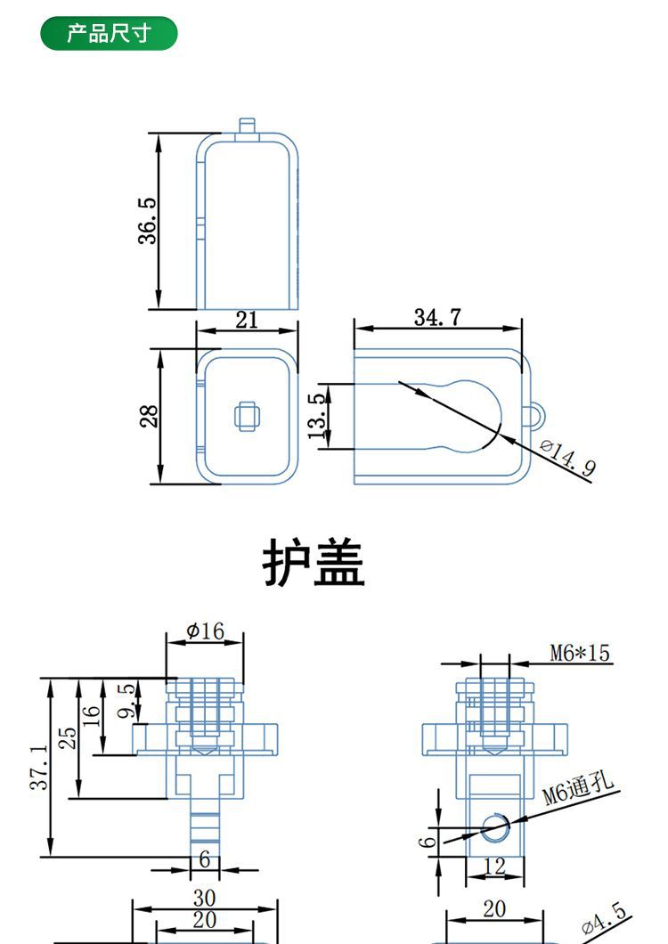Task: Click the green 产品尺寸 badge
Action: tap(110, 34)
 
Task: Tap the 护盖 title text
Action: tap(314, 563)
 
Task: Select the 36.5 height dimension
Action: tap(148, 221)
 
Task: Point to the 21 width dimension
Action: tap(247, 320)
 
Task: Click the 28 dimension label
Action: tap(150, 416)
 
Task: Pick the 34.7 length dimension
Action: tap(436, 316)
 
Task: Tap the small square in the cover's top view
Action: tap(247, 415)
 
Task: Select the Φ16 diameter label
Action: tap(205, 631)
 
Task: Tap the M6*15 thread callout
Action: tap(580, 654)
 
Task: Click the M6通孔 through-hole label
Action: tap(579, 789)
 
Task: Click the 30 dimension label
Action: tap(205, 898)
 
